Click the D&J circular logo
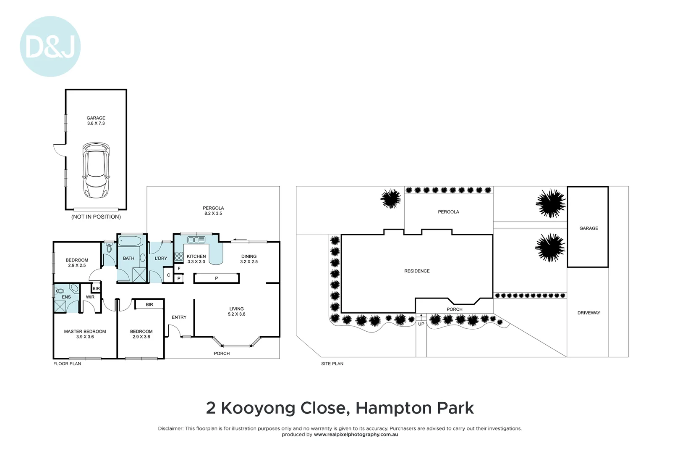coord(50,46)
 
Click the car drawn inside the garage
coord(96,170)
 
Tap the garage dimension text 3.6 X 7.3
coord(96,124)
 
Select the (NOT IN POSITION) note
coord(96,217)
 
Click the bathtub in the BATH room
coord(131,241)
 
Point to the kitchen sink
coord(196,240)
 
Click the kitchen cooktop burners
coord(179,256)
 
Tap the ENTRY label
coord(179,317)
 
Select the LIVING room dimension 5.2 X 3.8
coord(236,314)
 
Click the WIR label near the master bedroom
coord(90,297)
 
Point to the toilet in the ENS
coord(60,291)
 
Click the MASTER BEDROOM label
coord(85,332)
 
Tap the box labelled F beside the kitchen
coord(179,269)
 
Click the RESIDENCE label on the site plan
coord(417,271)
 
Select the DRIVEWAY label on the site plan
coord(588,313)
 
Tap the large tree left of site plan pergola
coord(391,198)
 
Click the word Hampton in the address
coord(394,408)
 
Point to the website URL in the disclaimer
coord(356,435)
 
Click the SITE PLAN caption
coord(332,364)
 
